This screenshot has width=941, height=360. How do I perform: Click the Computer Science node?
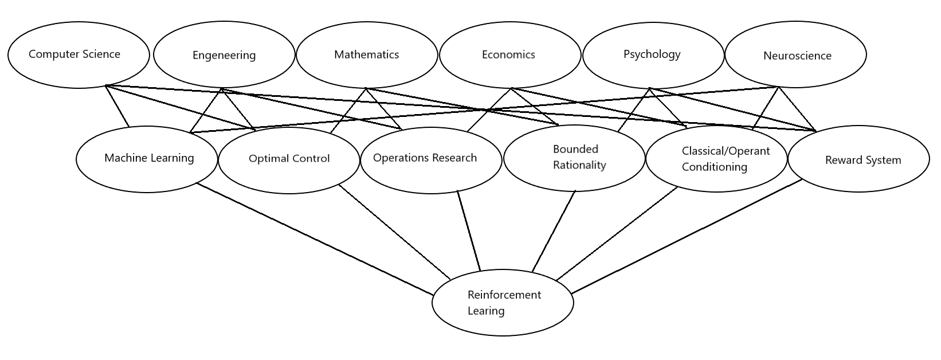[79, 55]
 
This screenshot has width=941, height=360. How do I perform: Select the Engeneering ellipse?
[224, 54]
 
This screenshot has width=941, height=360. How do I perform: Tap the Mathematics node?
[367, 55]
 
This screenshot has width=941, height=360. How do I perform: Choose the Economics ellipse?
[510, 55]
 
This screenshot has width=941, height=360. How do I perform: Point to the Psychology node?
[654, 55]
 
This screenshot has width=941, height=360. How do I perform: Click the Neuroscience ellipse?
[795, 54]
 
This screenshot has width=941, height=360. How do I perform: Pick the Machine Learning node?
[147, 159]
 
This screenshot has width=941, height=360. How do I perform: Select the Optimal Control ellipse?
[289, 161]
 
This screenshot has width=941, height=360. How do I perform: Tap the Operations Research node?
[432, 161]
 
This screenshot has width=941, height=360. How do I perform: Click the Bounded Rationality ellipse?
[574, 158]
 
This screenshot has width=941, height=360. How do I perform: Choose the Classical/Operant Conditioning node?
[716, 159]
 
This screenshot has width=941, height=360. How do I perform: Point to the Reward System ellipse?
[858, 159]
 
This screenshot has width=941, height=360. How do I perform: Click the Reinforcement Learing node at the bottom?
[503, 303]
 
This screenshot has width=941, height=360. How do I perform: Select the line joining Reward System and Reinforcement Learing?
[687, 237]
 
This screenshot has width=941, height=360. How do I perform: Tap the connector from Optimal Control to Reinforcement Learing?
[394, 232]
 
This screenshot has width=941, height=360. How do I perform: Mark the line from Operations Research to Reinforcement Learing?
[468, 230]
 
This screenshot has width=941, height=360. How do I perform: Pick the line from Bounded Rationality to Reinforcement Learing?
[554, 232]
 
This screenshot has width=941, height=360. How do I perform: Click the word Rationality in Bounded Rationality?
[579, 165]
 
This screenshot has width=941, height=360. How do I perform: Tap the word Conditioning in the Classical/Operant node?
[714, 167]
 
